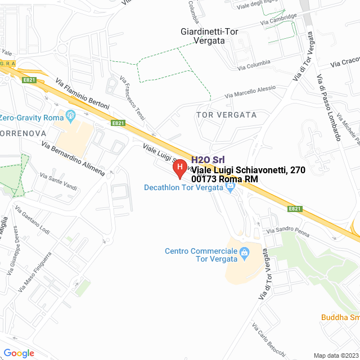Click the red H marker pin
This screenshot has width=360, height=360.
pyautogui.click(x=179, y=168)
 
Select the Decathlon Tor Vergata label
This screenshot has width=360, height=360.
pyautogui.click(x=184, y=188)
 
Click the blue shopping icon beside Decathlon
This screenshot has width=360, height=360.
pyautogui.click(x=229, y=188)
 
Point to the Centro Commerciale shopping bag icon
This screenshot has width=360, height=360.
pyautogui.click(x=244, y=251)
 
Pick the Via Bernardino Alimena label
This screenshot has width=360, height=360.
pyautogui.click(x=73, y=158)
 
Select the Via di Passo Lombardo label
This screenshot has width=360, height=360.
pyautogui.click(x=329, y=107)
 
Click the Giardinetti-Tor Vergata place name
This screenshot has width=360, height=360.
pyautogui.click(x=209, y=36)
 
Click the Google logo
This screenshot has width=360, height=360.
pyautogui.click(x=19, y=353)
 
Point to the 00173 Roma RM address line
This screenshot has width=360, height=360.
pyautogui.click(x=225, y=179)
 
